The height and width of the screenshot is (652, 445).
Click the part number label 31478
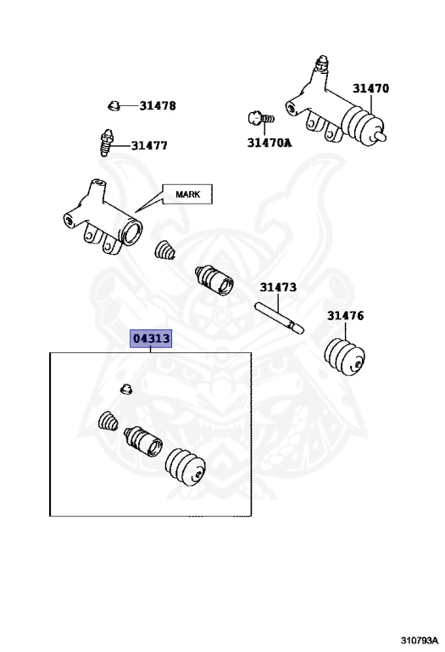(x=158, y=105)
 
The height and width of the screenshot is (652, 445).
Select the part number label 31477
(x=149, y=145)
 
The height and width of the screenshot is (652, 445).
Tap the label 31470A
(x=270, y=143)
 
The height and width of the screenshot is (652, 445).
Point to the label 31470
(x=370, y=88)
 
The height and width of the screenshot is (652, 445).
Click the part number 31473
(x=278, y=287)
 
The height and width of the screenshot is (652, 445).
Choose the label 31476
(x=345, y=316)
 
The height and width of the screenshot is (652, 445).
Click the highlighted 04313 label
(x=151, y=339)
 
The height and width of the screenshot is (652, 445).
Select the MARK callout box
(x=187, y=194)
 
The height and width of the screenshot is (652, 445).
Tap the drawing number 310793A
(x=420, y=639)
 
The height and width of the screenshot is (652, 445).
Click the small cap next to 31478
(x=114, y=105)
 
